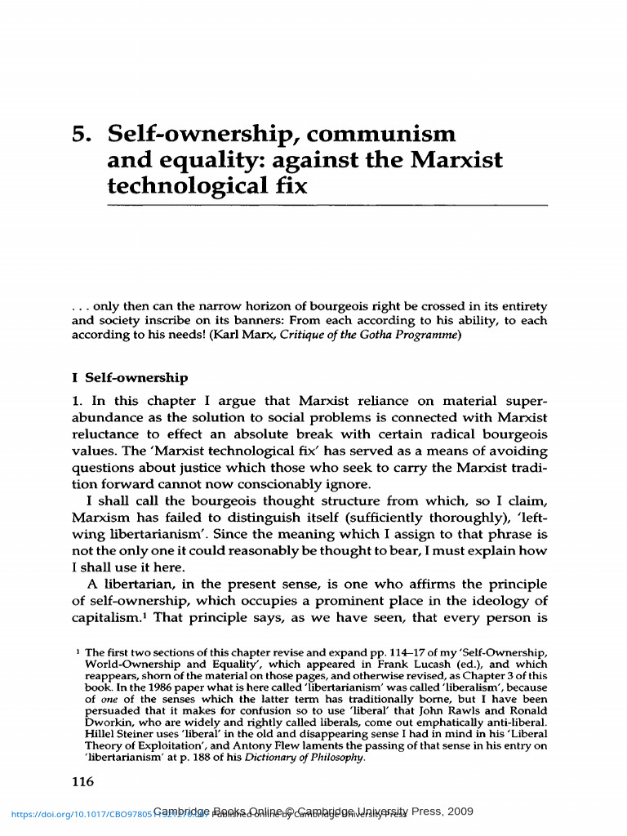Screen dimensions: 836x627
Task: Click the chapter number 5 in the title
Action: click(79, 134)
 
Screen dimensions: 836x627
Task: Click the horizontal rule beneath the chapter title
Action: click(327, 205)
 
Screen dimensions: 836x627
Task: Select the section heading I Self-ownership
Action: click(130, 378)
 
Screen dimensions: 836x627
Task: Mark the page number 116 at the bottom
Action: click(83, 782)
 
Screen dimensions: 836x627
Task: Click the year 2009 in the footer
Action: click(459, 811)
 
